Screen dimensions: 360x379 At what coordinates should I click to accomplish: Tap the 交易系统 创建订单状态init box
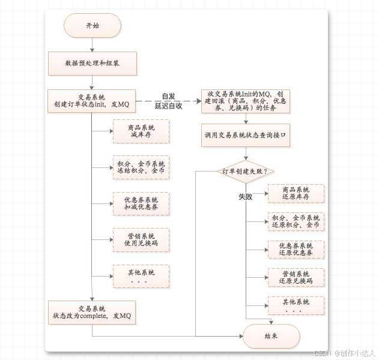click(92, 101)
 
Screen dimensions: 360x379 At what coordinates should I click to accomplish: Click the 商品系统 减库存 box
click(141, 131)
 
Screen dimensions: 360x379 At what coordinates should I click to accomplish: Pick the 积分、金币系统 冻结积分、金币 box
click(141, 167)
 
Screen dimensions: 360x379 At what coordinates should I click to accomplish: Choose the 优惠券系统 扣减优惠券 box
click(141, 203)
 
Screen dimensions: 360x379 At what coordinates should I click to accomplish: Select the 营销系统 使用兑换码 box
click(141, 239)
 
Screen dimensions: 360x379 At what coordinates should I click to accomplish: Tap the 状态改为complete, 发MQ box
click(92, 312)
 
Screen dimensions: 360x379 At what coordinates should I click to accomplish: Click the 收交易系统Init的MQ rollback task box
click(246, 101)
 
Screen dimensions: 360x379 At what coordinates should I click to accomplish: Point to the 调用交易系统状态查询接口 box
click(246, 136)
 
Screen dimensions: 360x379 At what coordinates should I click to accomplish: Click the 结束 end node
click(271, 337)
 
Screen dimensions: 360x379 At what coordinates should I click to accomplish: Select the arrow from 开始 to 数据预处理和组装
click(92, 43)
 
